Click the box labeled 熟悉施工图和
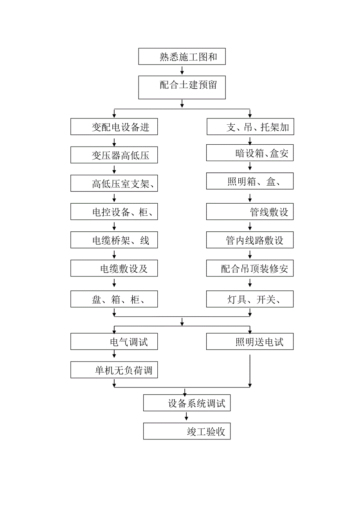pyautogui.click(x=182, y=57)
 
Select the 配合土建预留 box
pyautogui.click(x=182, y=87)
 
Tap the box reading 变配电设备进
pyautogui.click(x=114, y=127)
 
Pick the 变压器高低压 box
pyautogui.click(x=114, y=155)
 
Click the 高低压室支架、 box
pyautogui.click(x=114, y=183)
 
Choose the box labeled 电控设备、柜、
pyautogui.click(x=114, y=212)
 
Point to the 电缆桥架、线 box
pyautogui.click(x=114, y=240)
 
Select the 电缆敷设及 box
pyautogui.click(x=114, y=269)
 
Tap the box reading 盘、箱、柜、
pyautogui.click(x=114, y=299)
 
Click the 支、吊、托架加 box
pyautogui.click(x=250, y=127)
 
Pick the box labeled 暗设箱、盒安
pyautogui.click(x=250, y=153)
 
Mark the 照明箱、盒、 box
pyautogui.click(x=250, y=181)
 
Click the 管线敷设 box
pyautogui.click(x=250, y=211)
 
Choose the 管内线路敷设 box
pyautogui.click(x=250, y=240)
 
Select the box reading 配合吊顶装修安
pyautogui.click(x=250, y=269)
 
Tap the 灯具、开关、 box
pyautogui.click(x=250, y=299)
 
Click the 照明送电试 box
pyautogui.click(x=250, y=342)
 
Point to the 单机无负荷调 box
pyautogui.click(x=114, y=370)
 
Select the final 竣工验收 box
pyautogui.click(x=187, y=431)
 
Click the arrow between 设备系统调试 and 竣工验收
pyautogui.click(x=187, y=417)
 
